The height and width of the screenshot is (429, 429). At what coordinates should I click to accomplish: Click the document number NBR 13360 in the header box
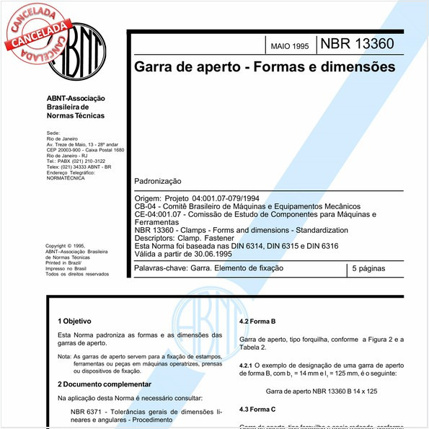[357, 44]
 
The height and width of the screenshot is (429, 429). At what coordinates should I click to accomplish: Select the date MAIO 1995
[289, 46]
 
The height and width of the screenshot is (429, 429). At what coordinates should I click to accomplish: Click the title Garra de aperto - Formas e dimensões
[265, 67]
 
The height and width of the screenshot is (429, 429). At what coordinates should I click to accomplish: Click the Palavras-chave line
[209, 268]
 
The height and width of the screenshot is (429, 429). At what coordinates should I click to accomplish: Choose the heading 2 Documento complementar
[102, 384]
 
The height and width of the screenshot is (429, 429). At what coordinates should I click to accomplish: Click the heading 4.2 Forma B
[258, 321]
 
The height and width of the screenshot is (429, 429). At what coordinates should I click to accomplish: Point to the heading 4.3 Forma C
[258, 409]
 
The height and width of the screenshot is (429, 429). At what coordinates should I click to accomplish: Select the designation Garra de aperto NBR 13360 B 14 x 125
[322, 390]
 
